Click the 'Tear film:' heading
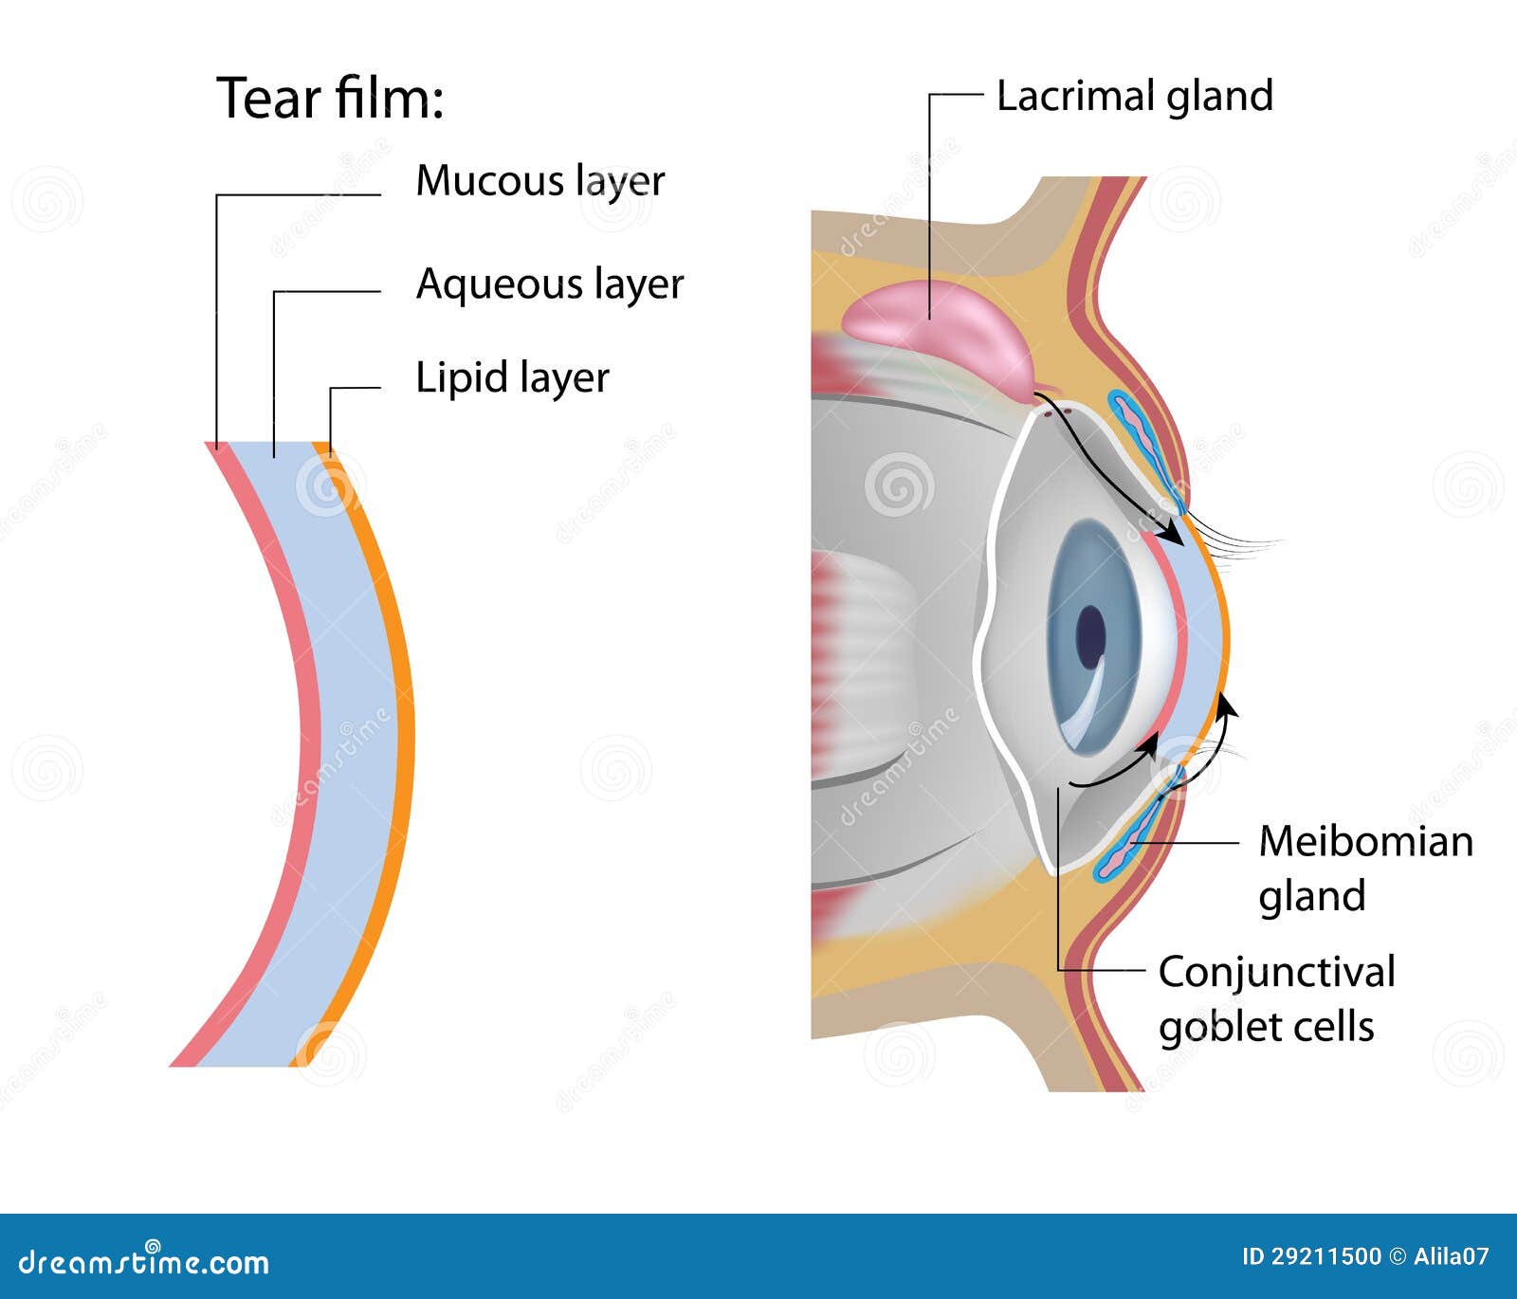(x=330, y=98)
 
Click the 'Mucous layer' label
(x=540, y=180)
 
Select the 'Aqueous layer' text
(x=550, y=284)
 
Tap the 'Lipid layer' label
(x=512, y=377)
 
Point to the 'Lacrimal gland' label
(x=1134, y=96)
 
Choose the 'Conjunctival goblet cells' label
(x=1275, y=998)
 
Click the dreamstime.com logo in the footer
(x=143, y=1261)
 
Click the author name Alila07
(x=1452, y=1257)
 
